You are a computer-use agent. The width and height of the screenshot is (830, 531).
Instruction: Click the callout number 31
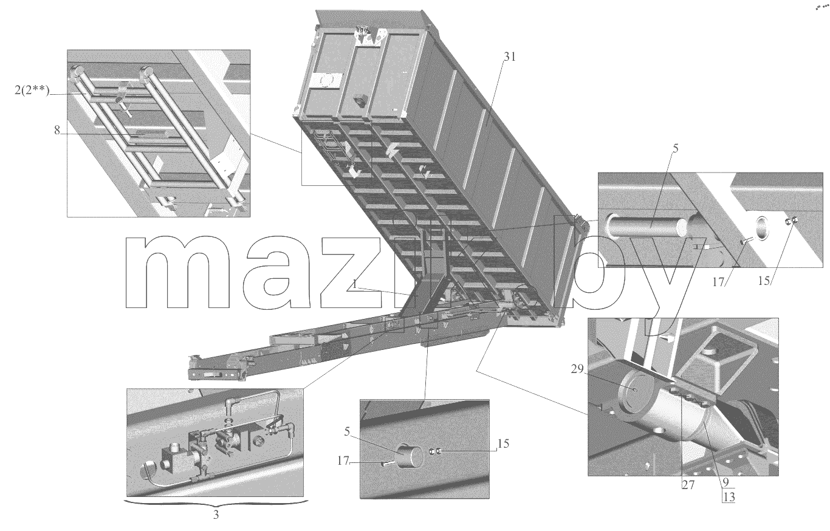click(510, 57)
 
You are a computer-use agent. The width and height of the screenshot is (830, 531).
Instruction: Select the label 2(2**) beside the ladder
click(32, 90)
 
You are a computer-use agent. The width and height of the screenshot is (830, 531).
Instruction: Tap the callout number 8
click(57, 130)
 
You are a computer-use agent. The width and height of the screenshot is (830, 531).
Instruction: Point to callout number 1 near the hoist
click(355, 284)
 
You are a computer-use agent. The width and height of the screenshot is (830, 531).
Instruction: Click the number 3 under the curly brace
click(216, 515)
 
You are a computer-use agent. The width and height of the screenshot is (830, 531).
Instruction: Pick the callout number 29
click(577, 369)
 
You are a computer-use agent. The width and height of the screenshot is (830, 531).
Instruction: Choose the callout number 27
click(688, 485)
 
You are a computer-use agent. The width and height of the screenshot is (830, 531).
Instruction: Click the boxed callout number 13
click(729, 497)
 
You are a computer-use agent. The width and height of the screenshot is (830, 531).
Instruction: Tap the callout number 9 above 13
click(725, 482)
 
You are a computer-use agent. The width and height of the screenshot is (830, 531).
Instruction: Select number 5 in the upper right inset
click(676, 148)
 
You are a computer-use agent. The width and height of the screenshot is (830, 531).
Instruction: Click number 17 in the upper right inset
click(718, 283)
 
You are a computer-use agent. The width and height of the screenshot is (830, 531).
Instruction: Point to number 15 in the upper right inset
click(764, 281)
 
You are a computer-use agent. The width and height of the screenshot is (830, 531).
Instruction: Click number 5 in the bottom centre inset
click(347, 432)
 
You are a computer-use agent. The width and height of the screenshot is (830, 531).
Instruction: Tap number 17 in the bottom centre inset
click(343, 461)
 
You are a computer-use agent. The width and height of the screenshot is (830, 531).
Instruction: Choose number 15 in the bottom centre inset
click(503, 444)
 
